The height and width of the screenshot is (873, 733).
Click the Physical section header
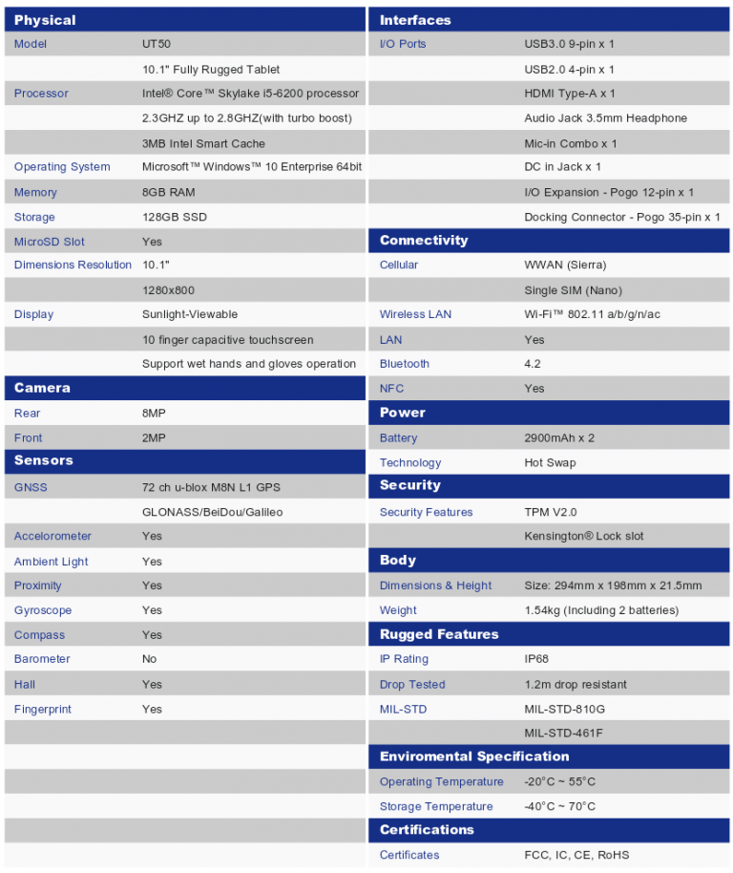(45, 20)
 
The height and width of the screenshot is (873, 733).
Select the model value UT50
(157, 44)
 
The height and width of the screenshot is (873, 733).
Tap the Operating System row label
(62, 167)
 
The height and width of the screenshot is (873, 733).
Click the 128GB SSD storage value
(174, 217)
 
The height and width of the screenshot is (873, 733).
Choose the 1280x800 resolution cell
(169, 289)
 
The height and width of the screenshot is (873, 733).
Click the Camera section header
(42, 388)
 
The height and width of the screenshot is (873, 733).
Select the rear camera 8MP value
(154, 414)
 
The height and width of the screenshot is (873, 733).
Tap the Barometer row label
(43, 659)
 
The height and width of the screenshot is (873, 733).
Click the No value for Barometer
(150, 659)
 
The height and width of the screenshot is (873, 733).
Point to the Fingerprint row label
(43, 709)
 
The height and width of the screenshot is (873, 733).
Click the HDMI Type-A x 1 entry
(570, 94)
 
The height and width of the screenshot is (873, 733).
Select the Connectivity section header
(424, 241)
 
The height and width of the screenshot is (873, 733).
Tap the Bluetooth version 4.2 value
(533, 364)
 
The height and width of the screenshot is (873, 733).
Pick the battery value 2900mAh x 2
(559, 437)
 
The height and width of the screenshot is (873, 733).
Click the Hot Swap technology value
(550, 462)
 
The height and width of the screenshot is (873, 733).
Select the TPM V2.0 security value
(551, 512)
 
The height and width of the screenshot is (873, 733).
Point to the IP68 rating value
(536, 659)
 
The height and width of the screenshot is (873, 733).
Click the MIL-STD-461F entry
(564, 733)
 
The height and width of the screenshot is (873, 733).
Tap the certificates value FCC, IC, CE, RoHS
(576, 855)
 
